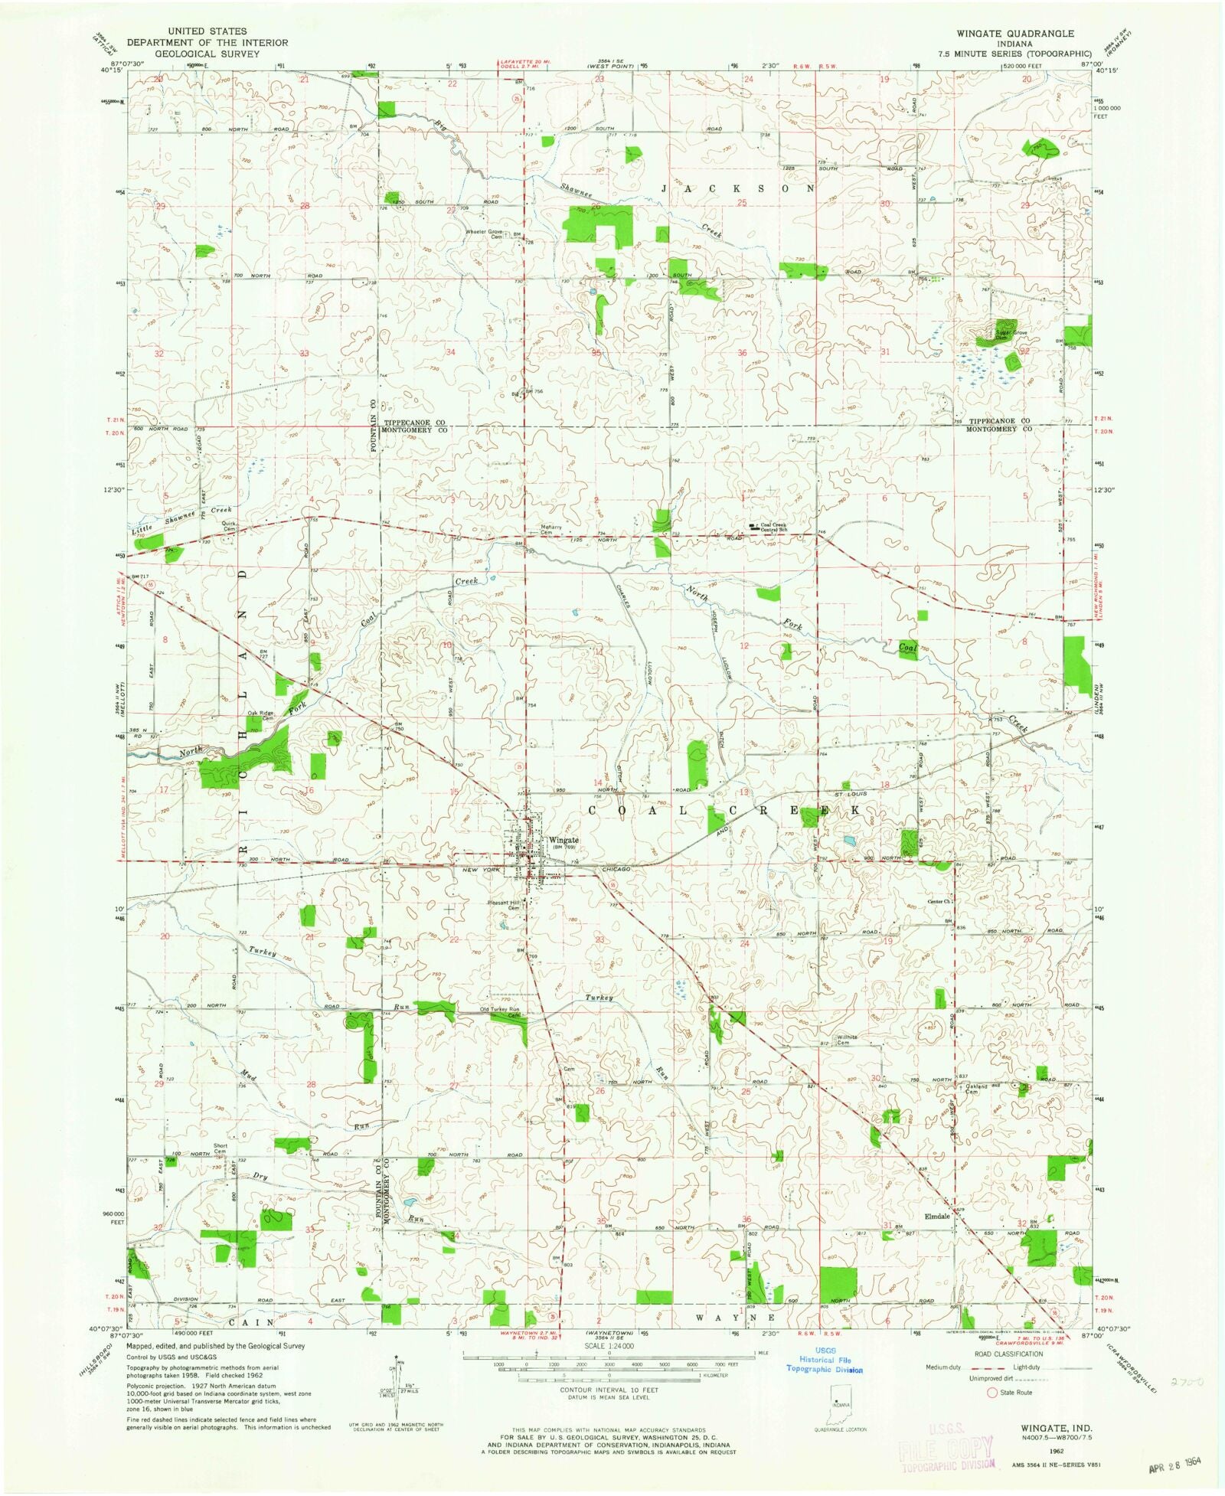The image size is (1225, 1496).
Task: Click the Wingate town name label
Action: coord(563,840)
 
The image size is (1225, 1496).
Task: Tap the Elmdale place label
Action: coord(937,1216)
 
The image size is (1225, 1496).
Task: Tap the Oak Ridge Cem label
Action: coord(260,716)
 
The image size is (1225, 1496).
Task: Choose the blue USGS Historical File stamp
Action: coord(825,1360)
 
